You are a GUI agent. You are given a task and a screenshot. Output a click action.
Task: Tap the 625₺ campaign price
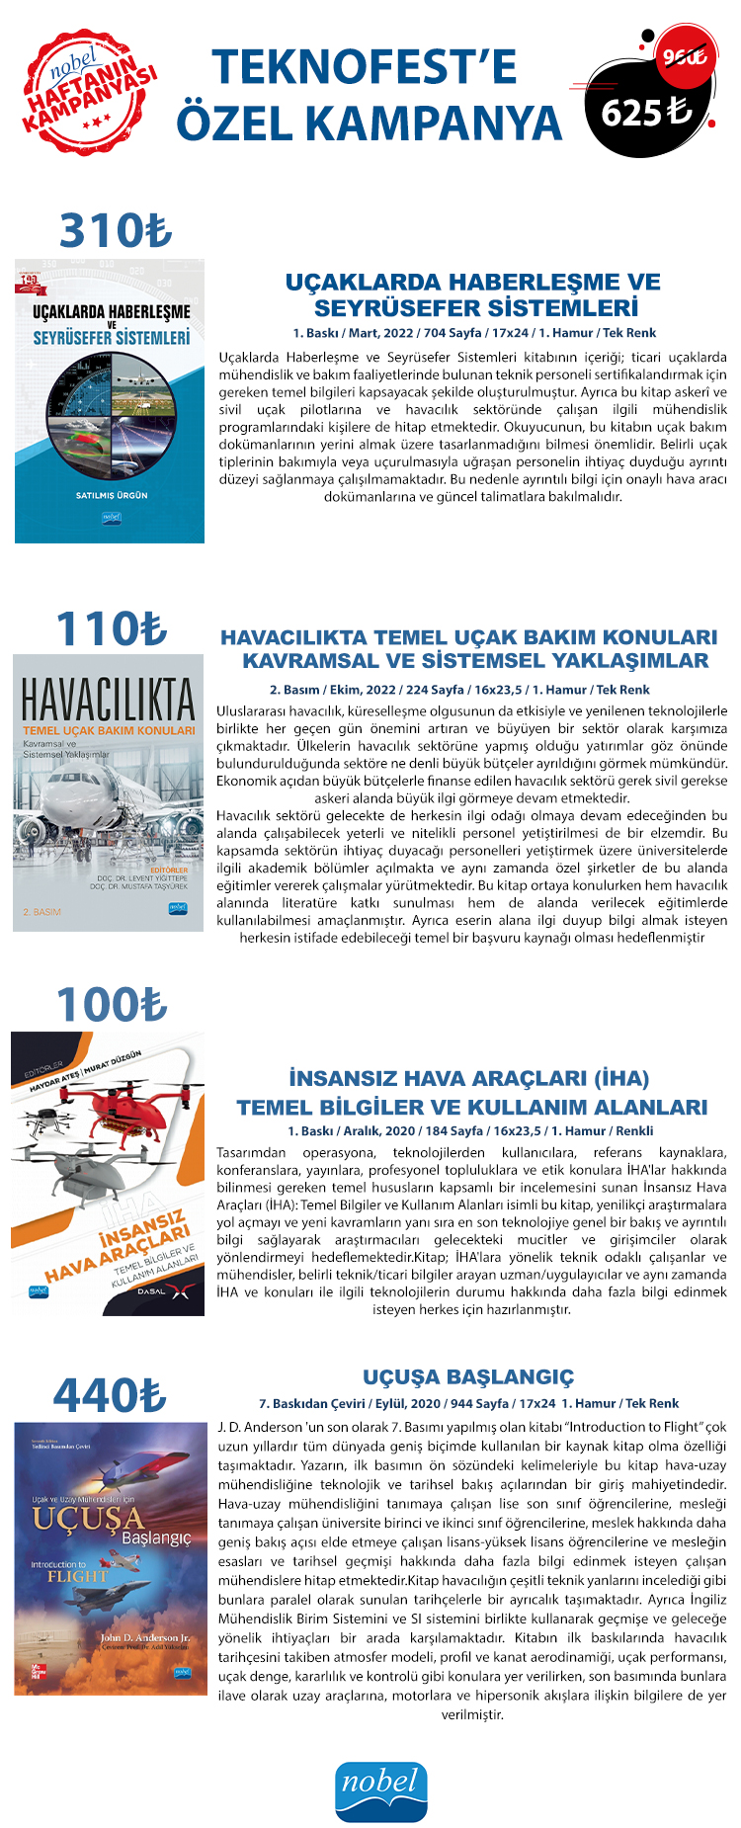click(646, 113)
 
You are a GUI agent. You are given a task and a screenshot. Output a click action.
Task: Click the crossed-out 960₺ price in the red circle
click(684, 57)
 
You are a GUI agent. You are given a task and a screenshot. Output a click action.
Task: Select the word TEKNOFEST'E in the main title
click(365, 67)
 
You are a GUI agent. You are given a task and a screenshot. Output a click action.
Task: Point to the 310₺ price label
click(115, 231)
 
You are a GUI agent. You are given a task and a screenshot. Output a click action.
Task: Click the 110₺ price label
click(112, 629)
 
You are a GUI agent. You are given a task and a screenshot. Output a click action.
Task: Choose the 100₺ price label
click(112, 1005)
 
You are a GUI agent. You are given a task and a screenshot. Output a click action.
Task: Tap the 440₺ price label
click(110, 1396)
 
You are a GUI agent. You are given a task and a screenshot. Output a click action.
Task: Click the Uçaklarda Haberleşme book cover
click(110, 401)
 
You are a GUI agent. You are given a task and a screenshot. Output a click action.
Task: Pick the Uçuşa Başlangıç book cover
click(111, 1558)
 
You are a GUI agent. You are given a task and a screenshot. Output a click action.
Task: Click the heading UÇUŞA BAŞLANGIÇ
click(468, 1377)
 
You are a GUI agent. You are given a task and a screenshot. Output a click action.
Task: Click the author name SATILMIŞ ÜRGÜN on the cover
click(112, 495)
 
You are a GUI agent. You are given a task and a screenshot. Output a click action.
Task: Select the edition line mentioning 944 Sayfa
click(469, 1403)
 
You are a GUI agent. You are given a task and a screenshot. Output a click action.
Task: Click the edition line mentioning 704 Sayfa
click(474, 333)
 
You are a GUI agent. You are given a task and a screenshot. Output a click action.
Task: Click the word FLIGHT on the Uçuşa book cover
click(77, 1576)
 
